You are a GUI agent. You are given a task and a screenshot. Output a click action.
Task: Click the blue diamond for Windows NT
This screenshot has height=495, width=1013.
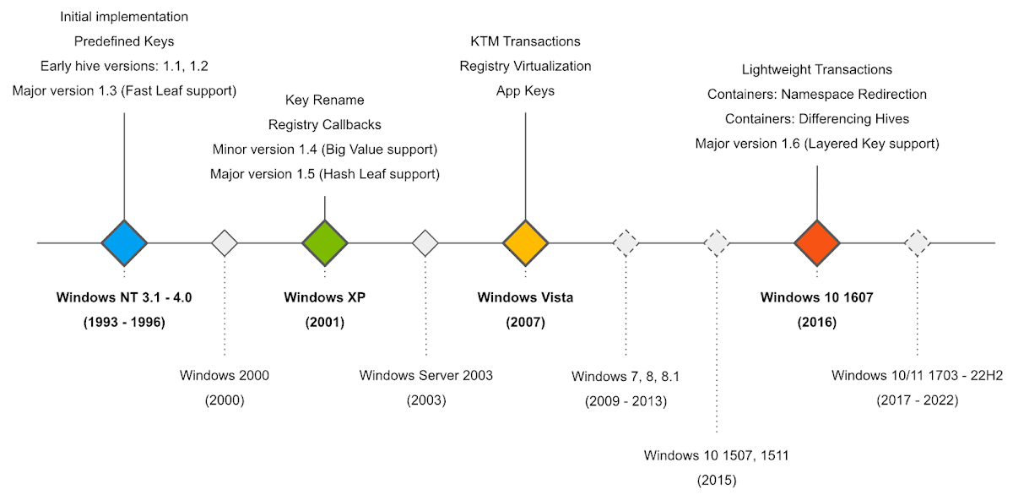124,243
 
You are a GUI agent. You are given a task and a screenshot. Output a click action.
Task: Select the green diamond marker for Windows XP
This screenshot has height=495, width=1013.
325,243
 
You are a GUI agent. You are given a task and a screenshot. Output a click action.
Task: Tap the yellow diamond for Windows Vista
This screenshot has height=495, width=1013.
526,243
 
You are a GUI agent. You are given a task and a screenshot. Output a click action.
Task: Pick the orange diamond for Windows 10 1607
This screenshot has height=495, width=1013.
817,243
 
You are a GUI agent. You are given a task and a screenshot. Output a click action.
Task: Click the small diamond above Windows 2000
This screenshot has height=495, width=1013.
225,243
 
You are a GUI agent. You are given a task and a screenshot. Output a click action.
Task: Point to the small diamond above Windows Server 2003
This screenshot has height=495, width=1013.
425,243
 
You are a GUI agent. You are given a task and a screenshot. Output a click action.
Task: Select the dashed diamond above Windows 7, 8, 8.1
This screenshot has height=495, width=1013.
626,243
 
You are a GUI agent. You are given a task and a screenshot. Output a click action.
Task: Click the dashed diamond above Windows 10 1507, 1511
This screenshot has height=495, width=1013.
717,243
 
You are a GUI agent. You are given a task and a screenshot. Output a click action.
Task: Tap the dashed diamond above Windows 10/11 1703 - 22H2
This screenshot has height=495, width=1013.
918,243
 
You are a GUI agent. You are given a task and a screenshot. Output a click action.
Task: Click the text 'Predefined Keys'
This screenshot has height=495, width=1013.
124,41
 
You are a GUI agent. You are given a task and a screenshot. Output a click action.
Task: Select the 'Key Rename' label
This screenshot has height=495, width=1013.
325,101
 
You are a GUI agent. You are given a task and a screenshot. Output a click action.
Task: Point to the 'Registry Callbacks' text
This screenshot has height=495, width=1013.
325,125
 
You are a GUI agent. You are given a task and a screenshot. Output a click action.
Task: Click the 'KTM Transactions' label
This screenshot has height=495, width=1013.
526,41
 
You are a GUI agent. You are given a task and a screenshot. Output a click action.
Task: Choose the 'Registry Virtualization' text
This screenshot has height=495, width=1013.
526,66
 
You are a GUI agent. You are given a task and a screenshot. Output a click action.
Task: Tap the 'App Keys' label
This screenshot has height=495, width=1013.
526,90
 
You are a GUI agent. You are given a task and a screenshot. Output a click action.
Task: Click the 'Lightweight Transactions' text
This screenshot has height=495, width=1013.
817,69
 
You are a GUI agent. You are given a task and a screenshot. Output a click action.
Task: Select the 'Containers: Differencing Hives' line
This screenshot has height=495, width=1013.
817,119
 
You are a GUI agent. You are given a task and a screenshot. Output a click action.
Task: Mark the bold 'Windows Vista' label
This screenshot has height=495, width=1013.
526,297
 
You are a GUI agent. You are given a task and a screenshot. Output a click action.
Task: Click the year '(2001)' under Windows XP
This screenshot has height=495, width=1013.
325,322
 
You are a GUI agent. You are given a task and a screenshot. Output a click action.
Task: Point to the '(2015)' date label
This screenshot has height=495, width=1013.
717,481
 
